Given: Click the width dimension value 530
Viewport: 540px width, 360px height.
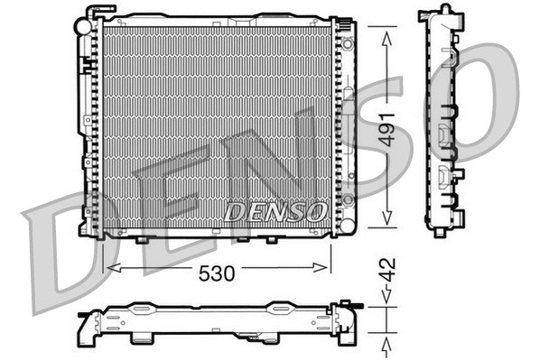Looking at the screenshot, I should (x=217, y=273).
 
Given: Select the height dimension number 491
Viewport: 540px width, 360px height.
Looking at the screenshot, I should (x=387, y=128).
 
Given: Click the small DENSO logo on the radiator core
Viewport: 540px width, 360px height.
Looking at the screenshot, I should (x=274, y=212).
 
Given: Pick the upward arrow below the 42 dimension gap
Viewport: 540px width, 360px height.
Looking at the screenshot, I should (x=386, y=342).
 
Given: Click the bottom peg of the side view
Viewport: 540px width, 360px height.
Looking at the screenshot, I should (x=440, y=232).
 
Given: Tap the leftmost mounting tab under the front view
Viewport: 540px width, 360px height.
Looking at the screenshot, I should (x=141, y=240).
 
